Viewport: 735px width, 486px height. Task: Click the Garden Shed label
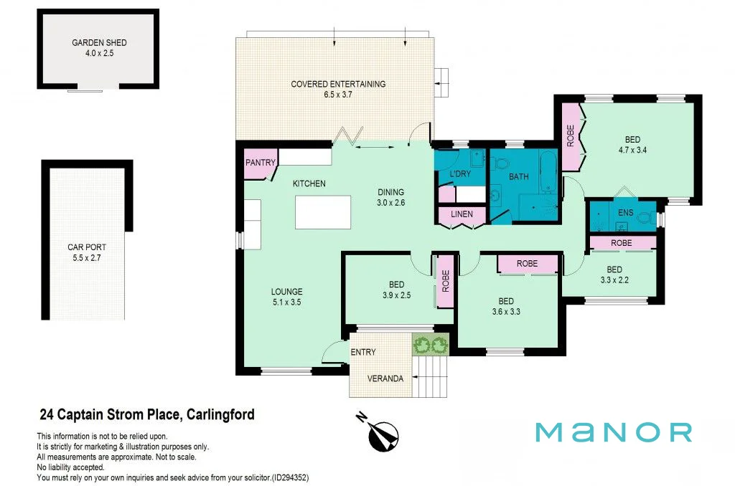pos(99,43)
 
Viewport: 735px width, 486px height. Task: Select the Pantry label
pos(260,163)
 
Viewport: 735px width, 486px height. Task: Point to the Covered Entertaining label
pos(338,84)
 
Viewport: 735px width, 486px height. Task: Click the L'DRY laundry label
pos(459,175)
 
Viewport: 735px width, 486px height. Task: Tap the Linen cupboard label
pos(462,214)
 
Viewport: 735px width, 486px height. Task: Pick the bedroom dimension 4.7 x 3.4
pos(632,151)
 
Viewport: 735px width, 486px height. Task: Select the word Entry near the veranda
pos(362,352)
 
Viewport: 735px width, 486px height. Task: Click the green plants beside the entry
pos(430,346)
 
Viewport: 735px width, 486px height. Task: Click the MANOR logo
pos(614,432)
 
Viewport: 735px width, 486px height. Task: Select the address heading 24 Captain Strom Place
pos(146,414)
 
